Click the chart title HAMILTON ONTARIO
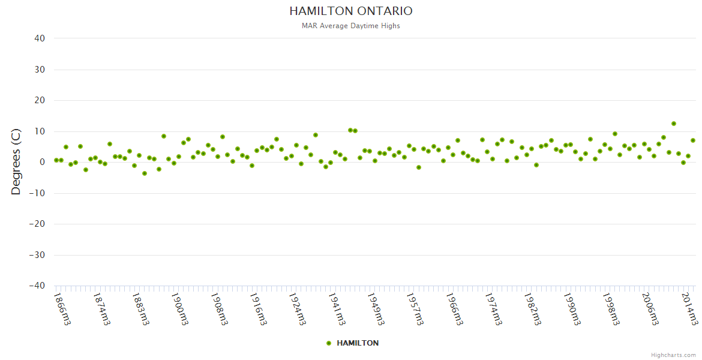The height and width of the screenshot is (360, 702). (x=351, y=11)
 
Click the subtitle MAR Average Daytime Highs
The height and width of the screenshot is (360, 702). (x=351, y=26)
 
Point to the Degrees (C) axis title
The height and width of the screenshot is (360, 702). (x=16, y=162)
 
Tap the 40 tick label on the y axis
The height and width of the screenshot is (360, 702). (x=40, y=38)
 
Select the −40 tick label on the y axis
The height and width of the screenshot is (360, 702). (x=37, y=286)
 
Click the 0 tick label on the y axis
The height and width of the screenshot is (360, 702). (x=43, y=162)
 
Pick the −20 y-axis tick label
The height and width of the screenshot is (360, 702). (x=37, y=224)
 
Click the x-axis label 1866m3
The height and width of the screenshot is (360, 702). (x=62, y=308)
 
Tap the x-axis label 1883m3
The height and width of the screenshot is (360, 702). (x=141, y=308)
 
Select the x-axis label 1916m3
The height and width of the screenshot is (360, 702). (x=258, y=308)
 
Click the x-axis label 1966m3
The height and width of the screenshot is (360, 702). (x=455, y=308)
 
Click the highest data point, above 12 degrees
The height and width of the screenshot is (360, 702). (x=674, y=124)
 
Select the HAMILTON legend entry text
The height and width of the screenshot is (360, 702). (x=358, y=343)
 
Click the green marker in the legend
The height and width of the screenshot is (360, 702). (x=329, y=343)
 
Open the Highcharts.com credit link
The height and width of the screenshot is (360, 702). (x=673, y=355)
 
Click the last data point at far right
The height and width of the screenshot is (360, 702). (x=693, y=140)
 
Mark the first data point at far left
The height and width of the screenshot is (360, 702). (x=56, y=160)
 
